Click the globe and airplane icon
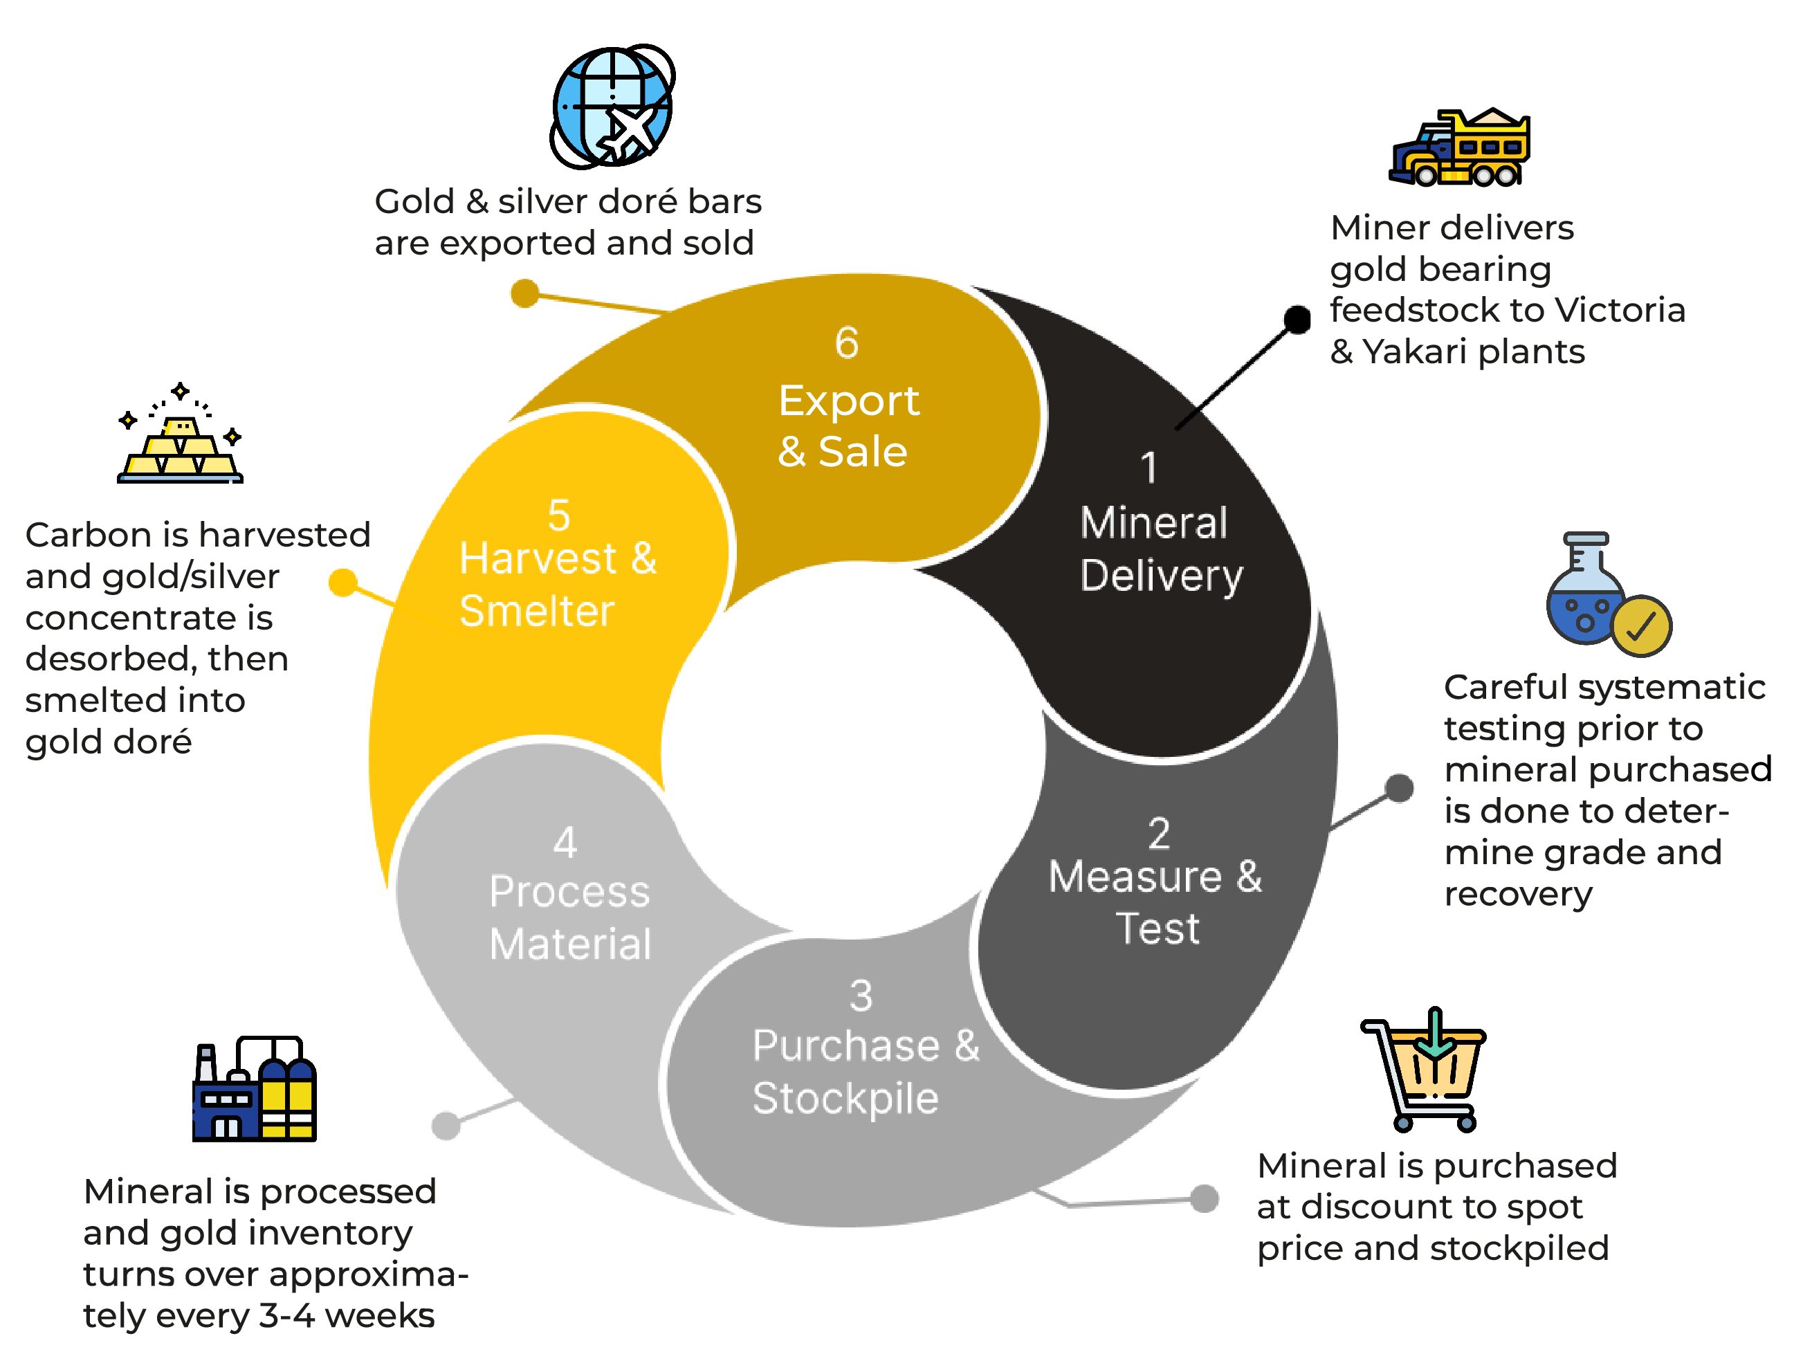click(x=613, y=107)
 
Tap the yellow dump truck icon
click(x=1459, y=148)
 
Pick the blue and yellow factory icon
click(x=254, y=1090)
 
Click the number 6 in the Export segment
click(x=846, y=342)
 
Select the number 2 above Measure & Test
click(x=1158, y=834)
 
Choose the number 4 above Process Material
click(x=565, y=842)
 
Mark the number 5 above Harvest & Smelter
click(x=558, y=515)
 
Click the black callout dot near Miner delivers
click(x=1297, y=320)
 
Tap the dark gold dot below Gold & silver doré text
click(x=524, y=293)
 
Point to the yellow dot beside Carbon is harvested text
click(x=342, y=583)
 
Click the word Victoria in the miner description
click(x=1620, y=311)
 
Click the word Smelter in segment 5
click(x=537, y=611)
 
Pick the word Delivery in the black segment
click(x=1161, y=576)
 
